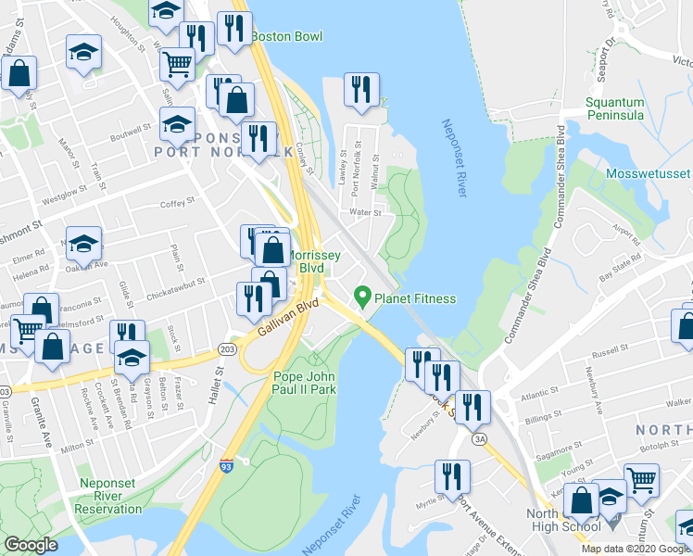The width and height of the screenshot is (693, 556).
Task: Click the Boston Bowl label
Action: point(286,36)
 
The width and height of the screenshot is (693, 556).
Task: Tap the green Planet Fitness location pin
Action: point(362,297)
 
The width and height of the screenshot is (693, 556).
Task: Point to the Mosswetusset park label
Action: point(649,173)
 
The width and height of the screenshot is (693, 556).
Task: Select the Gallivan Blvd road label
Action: point(287,317)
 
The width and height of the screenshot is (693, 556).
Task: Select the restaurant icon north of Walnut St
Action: point(359,90)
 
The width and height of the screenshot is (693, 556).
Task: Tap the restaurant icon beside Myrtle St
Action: point(453,477)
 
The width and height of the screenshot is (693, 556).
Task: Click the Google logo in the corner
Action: point(31,545)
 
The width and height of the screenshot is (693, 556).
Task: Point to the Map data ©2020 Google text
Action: point(635,549)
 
